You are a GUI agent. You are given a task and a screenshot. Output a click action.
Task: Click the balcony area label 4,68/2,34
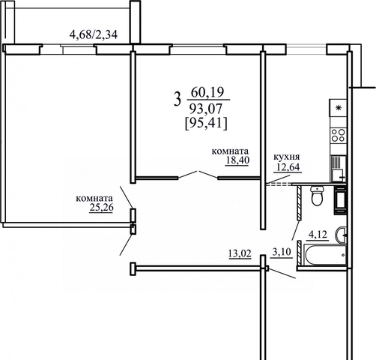click(x=93, y=34)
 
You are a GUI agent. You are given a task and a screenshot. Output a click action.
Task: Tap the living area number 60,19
click(x=207, y=92)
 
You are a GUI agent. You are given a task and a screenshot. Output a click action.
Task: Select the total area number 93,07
click(x=206, y=109)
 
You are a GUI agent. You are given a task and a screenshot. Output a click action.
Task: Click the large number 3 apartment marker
click(x=177, y=99)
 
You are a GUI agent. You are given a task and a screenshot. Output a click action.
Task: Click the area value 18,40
click(x=237, y=160)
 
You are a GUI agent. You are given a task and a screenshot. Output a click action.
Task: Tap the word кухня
click(x=287, y=157)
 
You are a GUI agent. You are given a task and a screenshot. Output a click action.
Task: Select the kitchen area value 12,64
click(x=288, y=167)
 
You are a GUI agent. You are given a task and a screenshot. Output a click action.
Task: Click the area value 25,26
click(x=101, y=208)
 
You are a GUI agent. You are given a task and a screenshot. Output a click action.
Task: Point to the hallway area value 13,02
click(x=240, y=253)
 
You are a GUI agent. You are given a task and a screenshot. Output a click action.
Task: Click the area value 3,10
click(x=282, y=252)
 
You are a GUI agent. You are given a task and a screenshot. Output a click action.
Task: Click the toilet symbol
click(x=318, y=196)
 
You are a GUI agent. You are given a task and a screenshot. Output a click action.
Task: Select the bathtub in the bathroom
click(x=324, y=255)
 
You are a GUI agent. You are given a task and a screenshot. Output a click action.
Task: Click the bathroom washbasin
click(x=341, y=235)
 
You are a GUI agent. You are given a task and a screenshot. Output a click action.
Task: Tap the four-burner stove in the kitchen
click(x=338, y=135)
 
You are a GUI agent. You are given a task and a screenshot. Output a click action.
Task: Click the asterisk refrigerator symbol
click(x=338, y=108)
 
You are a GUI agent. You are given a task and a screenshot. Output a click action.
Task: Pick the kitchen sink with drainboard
click(x=339, y=169)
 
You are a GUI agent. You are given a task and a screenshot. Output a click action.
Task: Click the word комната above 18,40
click(x=230, y=151)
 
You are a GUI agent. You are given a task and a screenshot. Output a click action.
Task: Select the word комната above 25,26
click(x=94, y=199)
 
